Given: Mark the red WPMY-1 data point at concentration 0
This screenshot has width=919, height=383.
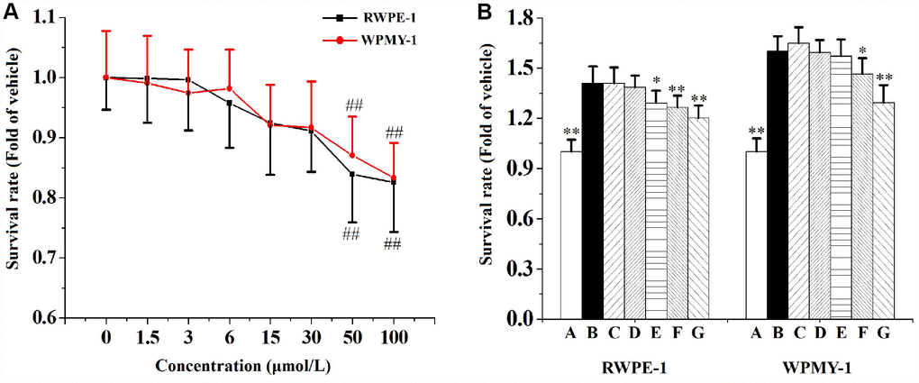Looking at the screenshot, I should click(106, 78).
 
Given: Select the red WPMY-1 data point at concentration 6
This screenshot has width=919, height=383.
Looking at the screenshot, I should click(230, 88).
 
